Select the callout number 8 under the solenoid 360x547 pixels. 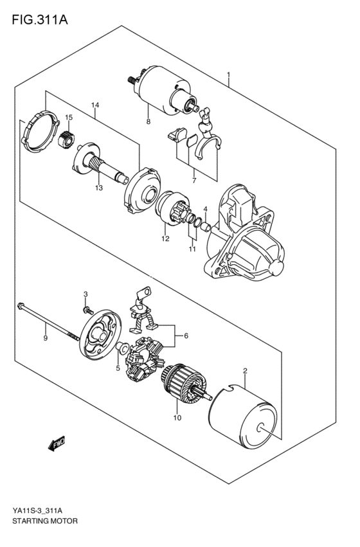pyautogui.click(x=148, y=121)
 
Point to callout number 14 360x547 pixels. pyautogui.click(x=95, y=105)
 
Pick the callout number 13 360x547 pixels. pyautogui.click(x=98, y=188)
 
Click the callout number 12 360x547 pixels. pyautogui.click(x=165, y=238)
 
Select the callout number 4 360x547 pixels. pyautogui.click(x=206, y=209)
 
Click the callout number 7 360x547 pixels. pyautogui.click(x=194, y=172)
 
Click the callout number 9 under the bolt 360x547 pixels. pyautogui.click(x=46, y=338)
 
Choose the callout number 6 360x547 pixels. pyautogui.click(x=186, y=336)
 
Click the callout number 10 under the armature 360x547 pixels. pyautogui.click(x=178, y=417)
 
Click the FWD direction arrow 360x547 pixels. pyautogui.click(x=57, y=443)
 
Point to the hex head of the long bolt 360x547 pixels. pyautogui.click(x=22, y=307)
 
